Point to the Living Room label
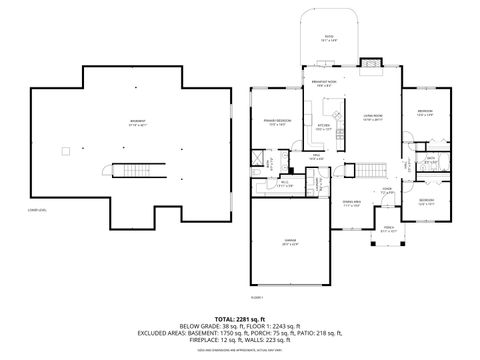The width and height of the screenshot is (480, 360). click(372, 118)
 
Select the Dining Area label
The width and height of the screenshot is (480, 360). click(351, 204)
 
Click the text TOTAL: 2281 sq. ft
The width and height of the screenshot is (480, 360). click(239, 318)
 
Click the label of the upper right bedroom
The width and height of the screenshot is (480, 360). click(425, 112)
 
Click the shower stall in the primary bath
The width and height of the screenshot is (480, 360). click(257, 160)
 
